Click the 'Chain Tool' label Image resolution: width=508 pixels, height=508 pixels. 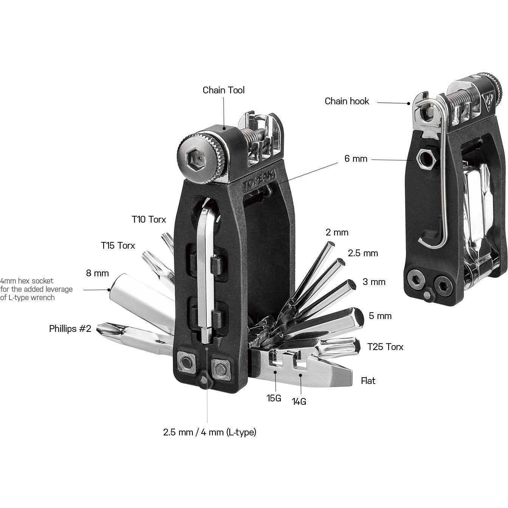pos(223,90)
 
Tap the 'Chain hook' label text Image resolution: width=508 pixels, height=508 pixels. pos(347,101)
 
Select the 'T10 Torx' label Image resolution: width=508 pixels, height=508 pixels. pos(149,219)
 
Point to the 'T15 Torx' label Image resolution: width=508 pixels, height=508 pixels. pos(118,246)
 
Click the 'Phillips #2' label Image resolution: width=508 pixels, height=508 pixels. pos(70,329)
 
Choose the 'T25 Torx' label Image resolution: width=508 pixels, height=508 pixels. pos(385,347)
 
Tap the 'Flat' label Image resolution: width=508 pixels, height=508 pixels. pos(368,381)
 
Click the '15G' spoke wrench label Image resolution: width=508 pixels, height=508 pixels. pos(274,398)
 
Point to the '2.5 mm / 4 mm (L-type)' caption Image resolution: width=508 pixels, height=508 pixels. pos(209,433)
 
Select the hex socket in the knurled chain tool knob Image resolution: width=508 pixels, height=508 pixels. pos(194,159)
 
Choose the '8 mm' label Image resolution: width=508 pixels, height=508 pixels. pos(97,273)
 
